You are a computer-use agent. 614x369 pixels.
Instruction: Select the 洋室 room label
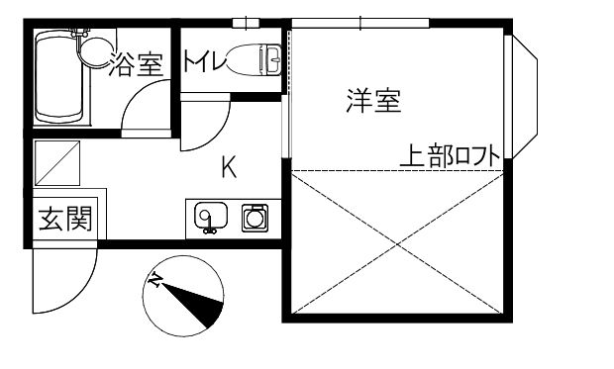click(x=372, y=100)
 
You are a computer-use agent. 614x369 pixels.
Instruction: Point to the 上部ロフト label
click(x=449, y=155)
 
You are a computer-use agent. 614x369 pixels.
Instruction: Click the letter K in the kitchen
click(x=228, y=168)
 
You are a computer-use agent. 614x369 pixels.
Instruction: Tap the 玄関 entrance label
click(x=65, y=219)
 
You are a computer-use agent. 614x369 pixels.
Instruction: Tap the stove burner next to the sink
click(x=255, y=216)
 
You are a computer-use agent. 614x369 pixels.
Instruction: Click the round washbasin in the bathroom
click(x=95, y=48)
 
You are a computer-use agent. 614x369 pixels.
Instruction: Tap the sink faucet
click(x=207, y=229)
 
